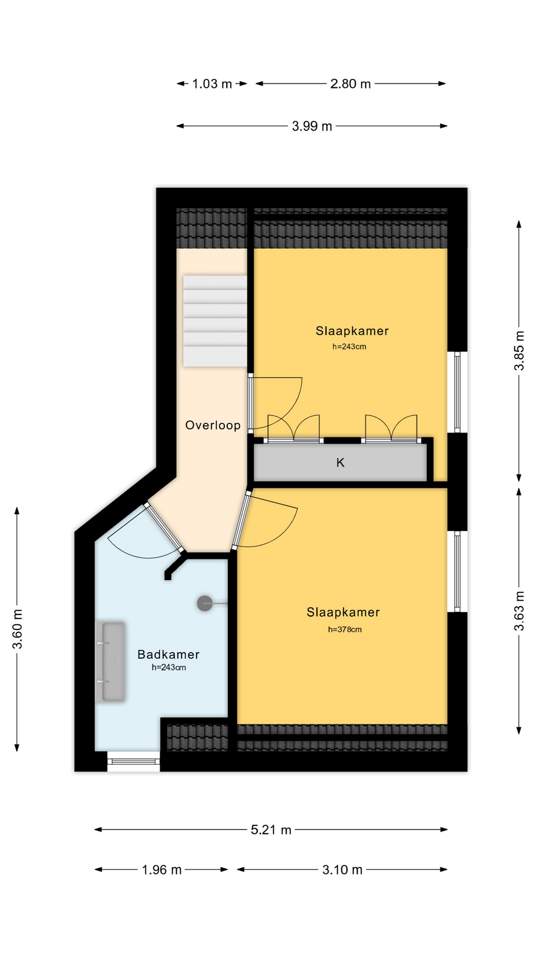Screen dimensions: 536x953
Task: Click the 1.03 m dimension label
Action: tap(212, 84)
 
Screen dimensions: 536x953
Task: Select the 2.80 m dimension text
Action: tap(350, 84)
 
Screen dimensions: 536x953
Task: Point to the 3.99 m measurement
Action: tap(312, 126)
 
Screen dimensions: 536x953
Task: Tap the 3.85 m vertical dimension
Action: tap(519, 350)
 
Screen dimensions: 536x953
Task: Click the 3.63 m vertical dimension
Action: tap(519, 611)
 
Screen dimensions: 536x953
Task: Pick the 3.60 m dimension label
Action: tap(17, 629)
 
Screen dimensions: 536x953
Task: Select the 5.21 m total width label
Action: tap(271, 830)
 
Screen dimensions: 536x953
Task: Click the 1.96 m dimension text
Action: tap(162, 870)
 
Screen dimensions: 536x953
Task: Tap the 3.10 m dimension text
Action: tap(342, 870)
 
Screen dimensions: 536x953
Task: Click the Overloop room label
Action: tap(213, 425)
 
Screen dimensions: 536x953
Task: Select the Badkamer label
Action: tap(169, 654)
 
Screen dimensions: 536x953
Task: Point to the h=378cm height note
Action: tap(345, 629)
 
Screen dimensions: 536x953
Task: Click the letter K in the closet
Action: tap(340, 463)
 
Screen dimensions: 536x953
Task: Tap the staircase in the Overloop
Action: tap(215, 321)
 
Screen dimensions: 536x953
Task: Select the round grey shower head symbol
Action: tap(205, 604)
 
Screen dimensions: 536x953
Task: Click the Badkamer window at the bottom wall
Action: tap(134, 761)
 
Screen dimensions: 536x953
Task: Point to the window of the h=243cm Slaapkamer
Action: tap(457, 392)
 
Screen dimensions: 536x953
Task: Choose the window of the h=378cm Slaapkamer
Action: tap(457, 571)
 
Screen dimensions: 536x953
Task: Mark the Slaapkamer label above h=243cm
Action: tap(352, 331)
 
